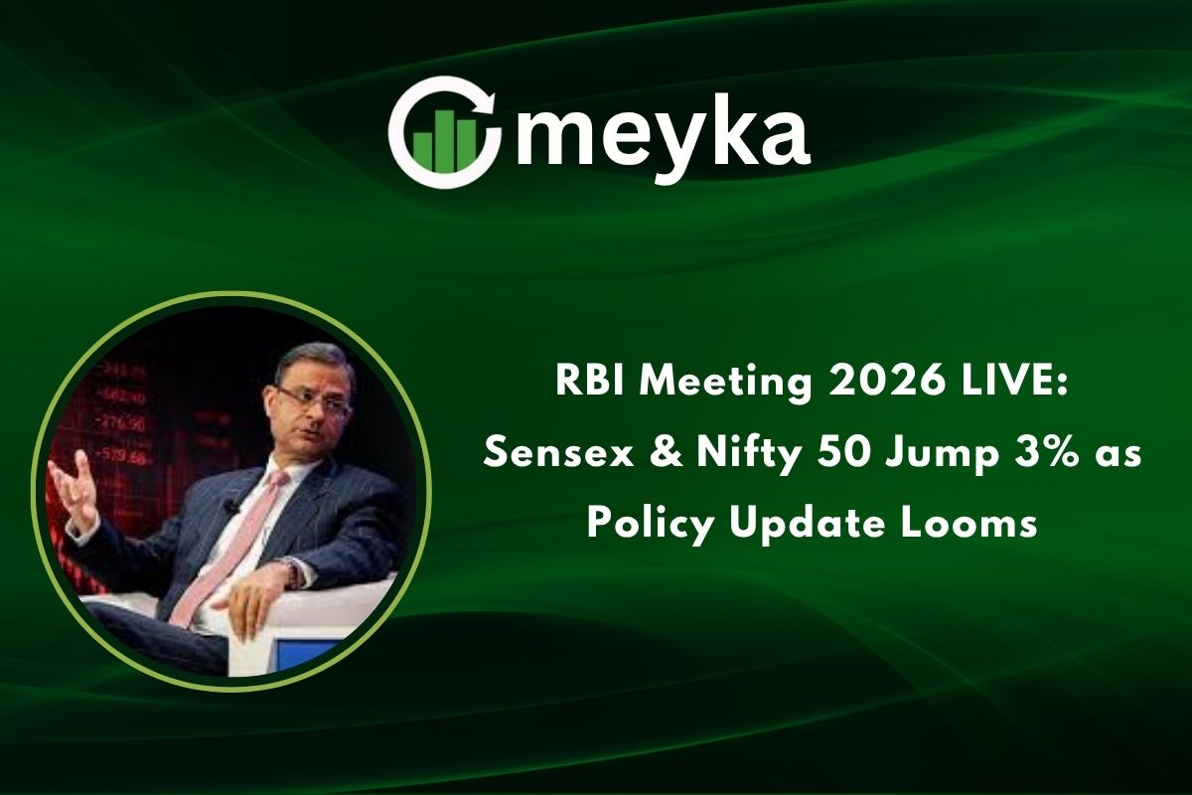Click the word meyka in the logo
pos(663,140)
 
